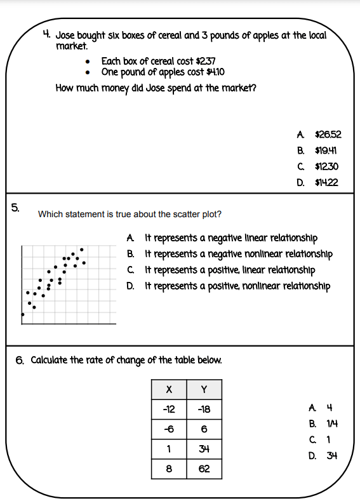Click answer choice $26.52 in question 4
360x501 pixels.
328,135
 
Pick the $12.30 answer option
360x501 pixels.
326,167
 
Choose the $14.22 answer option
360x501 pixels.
326,183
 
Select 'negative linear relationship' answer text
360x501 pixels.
231,238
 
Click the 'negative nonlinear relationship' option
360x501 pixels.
239,254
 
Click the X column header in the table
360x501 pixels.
168,389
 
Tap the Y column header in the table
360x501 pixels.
204,389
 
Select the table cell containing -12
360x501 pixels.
168,409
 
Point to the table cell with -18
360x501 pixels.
204,409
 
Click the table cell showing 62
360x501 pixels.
204,470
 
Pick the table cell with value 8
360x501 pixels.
168,470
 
